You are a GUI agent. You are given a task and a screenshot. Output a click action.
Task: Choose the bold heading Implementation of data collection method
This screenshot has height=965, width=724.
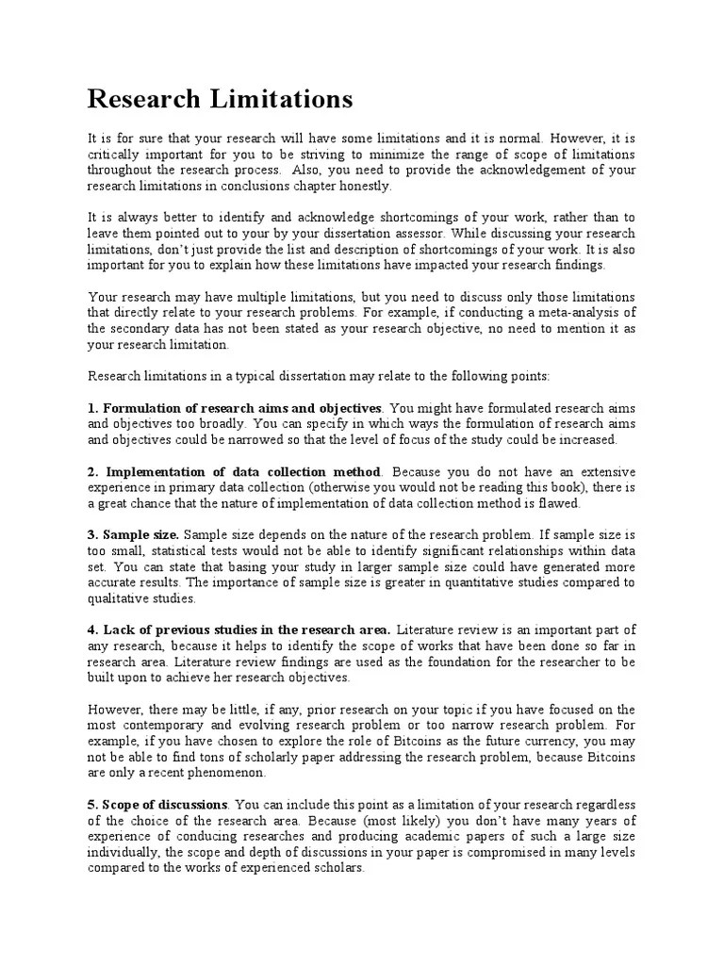pos(243,471)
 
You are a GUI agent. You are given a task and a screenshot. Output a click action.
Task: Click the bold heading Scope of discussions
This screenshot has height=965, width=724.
pos(164,804)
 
